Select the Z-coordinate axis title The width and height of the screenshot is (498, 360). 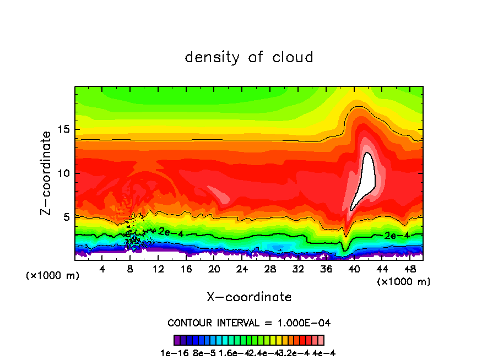point(47,173)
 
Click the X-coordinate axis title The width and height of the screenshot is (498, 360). point(249,297)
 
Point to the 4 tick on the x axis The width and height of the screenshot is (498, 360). point(102,269)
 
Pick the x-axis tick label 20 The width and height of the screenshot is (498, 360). point(214,269)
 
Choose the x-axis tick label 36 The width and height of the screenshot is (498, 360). point(326,269)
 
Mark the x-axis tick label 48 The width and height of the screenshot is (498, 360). point(409,269)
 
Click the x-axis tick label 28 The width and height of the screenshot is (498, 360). point(270,269)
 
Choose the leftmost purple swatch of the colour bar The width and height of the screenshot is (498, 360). point(177,340)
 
